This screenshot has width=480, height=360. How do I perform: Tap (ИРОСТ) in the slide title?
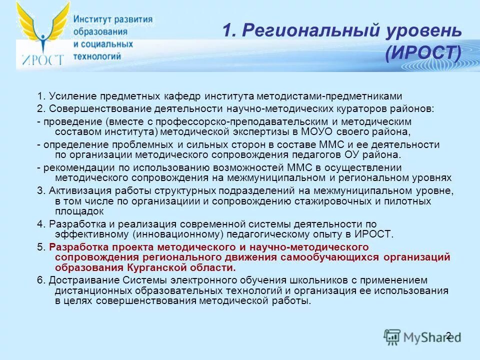[423, 52]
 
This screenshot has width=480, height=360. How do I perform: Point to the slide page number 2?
[448, 335]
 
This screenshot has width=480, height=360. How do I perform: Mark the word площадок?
[75, 211]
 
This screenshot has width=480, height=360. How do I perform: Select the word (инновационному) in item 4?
[183, 234]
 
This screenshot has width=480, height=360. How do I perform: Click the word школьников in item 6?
[289, 280]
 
